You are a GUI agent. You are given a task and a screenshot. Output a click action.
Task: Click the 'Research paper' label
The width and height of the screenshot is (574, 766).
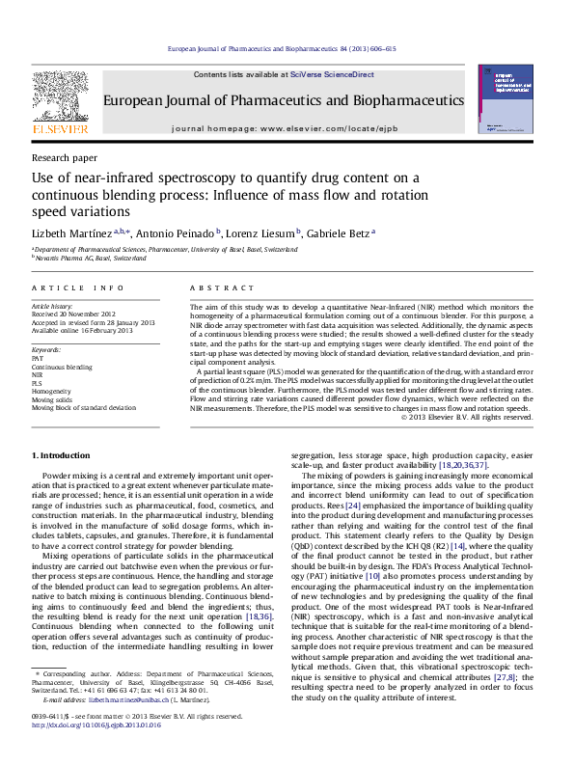click(x=65, y=156)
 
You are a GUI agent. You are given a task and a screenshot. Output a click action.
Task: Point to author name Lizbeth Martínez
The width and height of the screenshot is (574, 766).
click(x=72, y=233)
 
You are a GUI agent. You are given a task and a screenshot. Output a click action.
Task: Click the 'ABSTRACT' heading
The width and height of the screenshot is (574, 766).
click(x=222, y=287)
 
